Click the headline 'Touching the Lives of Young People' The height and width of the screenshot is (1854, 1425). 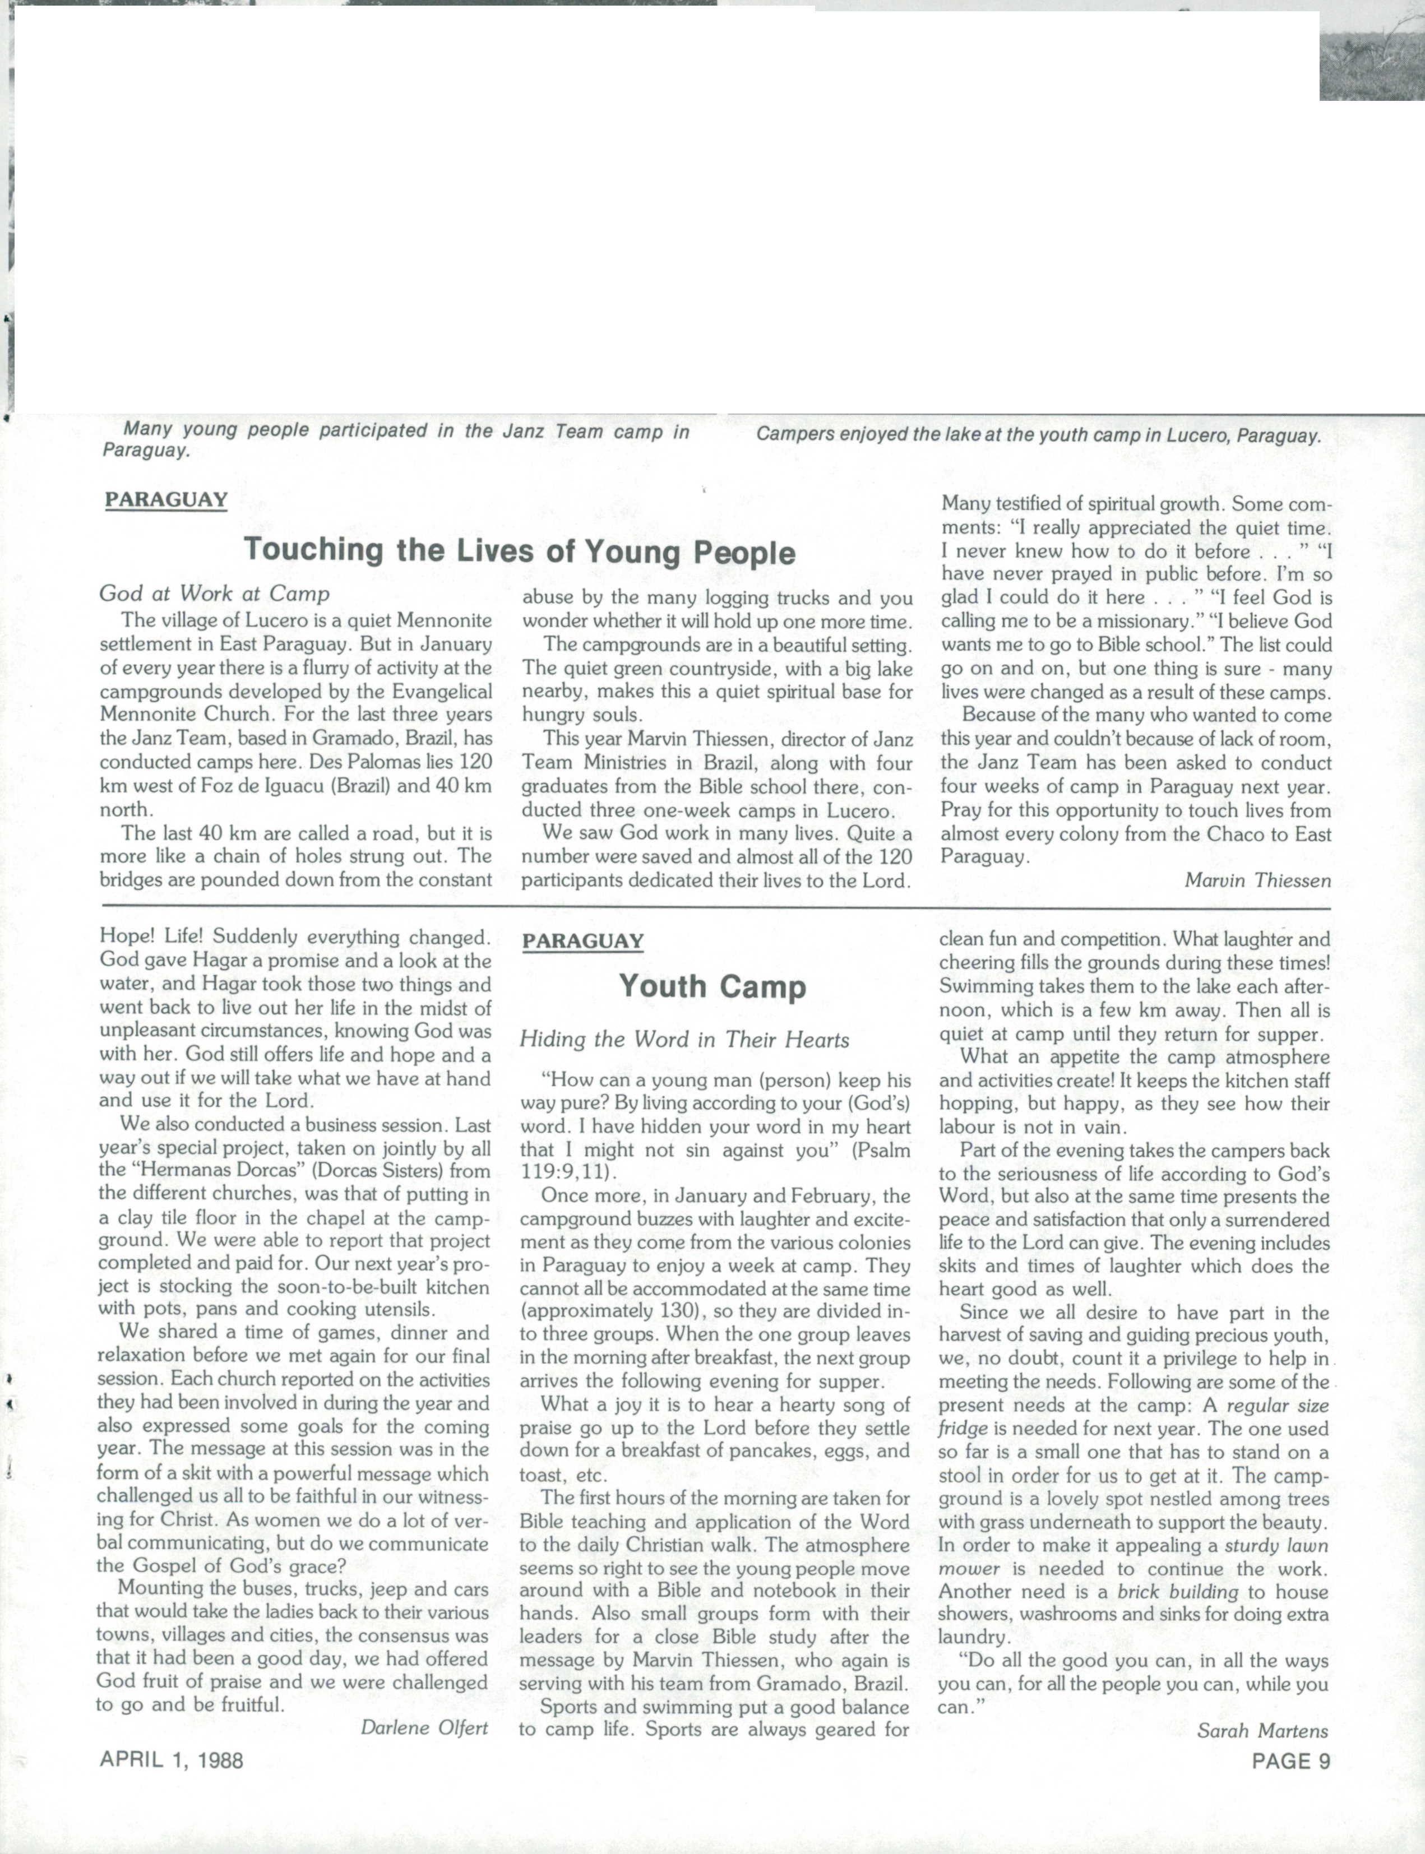[x=519, y=551]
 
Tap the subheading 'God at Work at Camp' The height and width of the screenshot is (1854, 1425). [x=214, y=594]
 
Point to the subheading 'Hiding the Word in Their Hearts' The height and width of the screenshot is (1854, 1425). [x=684, y=1040]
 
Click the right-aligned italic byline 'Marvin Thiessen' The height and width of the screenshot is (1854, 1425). [x=1257, y=880]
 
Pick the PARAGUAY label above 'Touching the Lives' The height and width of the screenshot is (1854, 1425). [x=166, y=499]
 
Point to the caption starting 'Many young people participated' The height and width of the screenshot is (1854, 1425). [x=395, y=439]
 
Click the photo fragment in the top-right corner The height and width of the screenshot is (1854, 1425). [x=1371, y=55]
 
